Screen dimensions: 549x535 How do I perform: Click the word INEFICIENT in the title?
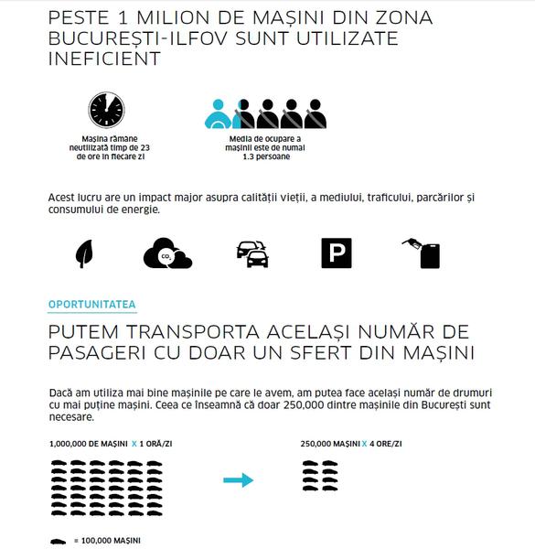point(102,59)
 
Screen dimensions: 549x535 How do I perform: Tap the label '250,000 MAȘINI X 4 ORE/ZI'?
point(351,443)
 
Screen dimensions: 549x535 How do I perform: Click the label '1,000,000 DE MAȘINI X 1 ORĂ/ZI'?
point(112,443)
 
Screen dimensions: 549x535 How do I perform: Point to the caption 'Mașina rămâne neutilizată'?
point(106,143)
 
